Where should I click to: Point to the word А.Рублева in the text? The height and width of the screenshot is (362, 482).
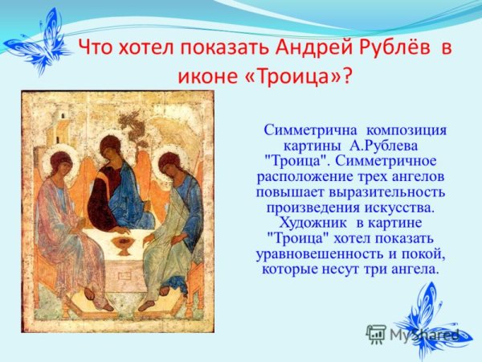pos(386,146)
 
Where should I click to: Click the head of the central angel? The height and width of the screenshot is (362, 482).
pos(112,146)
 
